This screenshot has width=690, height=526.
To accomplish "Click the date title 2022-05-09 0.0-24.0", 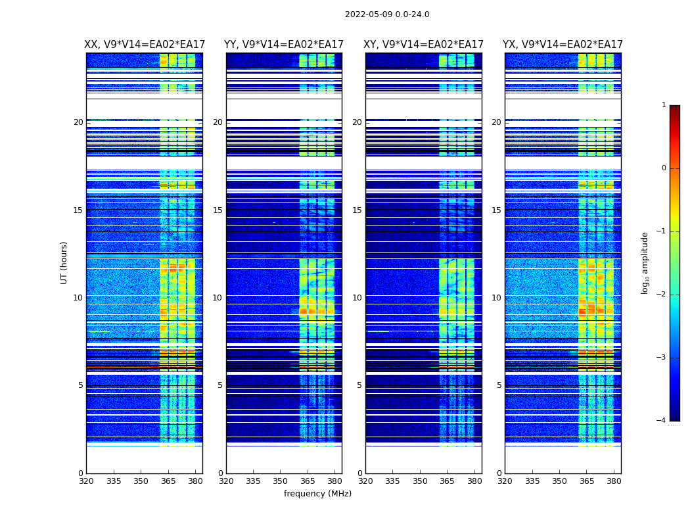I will (x=387, y=14).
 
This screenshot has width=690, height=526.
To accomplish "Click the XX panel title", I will (x=144, y=45).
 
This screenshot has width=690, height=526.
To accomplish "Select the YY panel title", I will (x=284, y=45).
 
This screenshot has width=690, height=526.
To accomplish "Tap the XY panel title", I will (x=424, y=45).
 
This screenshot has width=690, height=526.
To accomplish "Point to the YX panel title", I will (x=563, y=45).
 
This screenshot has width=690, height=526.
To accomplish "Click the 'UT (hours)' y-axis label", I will (x=64, y=262).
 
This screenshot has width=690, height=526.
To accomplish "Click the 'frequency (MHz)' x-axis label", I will (x=317, y=494).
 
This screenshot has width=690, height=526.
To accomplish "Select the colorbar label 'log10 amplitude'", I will (x=645, y=262).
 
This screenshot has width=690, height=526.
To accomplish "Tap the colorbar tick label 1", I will (x=664, y=105).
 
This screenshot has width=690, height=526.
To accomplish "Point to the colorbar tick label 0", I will (x=664, y=168).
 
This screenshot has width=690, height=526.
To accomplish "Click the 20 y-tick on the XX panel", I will (x=78, y=122).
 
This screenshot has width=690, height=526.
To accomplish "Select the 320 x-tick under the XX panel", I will (x=86, y=481).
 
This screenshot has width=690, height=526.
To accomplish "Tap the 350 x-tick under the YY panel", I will (x=281, y=481).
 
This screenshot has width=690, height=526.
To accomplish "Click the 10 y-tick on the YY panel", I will (x=218, y=298).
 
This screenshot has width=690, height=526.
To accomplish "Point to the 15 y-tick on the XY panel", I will (x=357, y=210).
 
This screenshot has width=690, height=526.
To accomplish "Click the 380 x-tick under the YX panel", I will (x=614, y=481).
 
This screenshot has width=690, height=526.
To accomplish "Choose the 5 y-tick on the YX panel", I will (x=499, y=385).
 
